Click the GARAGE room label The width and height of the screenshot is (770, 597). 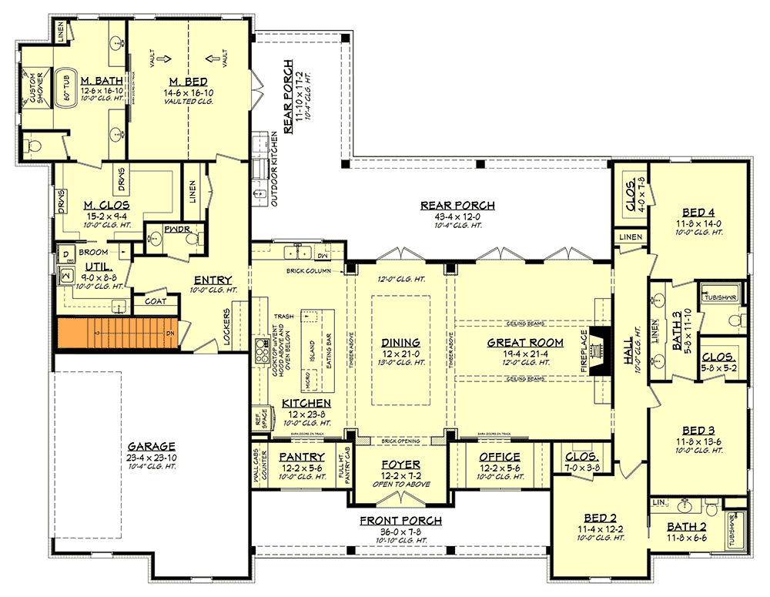click(152, 446)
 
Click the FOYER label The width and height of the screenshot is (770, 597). click(400, 465)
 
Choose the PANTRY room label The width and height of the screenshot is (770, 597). click(302, 457)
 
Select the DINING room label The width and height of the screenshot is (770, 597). click(400, 342)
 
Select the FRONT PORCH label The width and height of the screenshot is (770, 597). click(400, 520)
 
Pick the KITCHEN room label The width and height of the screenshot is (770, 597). click(306, 403)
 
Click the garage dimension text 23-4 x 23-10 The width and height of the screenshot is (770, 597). click(152, 456)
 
